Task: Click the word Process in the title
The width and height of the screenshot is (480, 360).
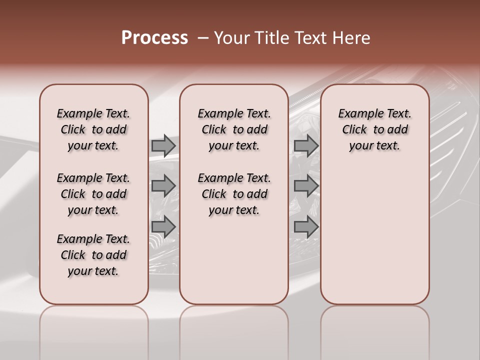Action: pos(154,37)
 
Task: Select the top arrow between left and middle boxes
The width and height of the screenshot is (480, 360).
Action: pos(163,145)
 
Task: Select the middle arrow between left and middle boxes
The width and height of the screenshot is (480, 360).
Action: pos(163,186)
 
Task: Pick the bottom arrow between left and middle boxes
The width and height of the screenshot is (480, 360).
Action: pos(163,227)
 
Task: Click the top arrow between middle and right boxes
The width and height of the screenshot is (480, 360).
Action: pos(306,145)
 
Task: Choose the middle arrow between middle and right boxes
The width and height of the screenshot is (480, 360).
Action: pos(306,186)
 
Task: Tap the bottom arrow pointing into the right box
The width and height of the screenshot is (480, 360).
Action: pos(306,227)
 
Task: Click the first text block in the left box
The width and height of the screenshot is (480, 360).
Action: pos(93,129)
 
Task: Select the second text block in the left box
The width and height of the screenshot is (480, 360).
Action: pos(93,194)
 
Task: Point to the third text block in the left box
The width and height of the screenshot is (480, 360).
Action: pos(93,255)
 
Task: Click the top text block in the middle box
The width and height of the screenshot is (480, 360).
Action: pos(234,129)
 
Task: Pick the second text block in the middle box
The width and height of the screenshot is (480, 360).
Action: pos(234,194)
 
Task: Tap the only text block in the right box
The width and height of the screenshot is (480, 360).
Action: pos(375,129)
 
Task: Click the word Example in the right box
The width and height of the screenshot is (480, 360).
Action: pos(356,114)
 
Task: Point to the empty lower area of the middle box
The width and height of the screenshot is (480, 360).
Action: pos(234,260)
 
